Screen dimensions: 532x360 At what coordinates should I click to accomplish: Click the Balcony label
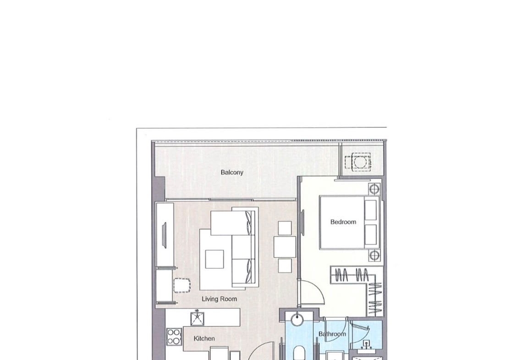point(232,172)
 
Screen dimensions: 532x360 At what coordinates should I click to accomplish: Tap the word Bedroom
point(343,222)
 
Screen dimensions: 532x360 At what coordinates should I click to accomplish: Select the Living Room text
point(219,299)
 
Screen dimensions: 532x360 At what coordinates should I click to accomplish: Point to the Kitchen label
point(204,338)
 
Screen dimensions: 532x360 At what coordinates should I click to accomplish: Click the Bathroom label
point(332,334)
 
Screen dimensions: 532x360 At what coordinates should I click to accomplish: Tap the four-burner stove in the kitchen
point(174,336)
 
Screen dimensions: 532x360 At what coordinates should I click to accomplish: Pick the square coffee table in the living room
point(214,260)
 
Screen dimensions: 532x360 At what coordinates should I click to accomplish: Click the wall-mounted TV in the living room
point(165,234)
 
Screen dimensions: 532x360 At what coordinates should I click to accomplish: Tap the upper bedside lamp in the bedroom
point(374,188)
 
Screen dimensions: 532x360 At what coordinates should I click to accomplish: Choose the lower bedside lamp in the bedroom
point(374,255)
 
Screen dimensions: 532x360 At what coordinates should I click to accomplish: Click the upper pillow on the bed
point(371,210)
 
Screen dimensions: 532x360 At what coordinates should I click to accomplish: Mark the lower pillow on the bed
point(371,235)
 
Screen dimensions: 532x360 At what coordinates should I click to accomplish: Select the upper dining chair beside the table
point(285,228)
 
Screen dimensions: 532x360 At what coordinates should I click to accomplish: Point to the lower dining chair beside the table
point(285,266)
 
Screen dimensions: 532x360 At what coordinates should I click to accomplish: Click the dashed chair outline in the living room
point(182,286)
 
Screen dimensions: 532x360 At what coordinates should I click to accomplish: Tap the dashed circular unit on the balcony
point(358,161)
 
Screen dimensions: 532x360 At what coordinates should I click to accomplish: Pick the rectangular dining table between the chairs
point(285,247)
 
